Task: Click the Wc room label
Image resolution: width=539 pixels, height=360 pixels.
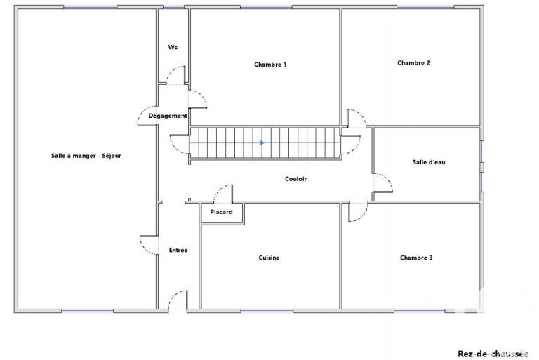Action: [173, 48]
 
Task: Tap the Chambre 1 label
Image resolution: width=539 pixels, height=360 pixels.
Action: [269, 65]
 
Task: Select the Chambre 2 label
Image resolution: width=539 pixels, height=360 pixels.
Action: [413, 63]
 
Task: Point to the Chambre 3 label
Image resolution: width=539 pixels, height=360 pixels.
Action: [415, 258]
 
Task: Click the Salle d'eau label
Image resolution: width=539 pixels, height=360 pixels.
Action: [428, 162]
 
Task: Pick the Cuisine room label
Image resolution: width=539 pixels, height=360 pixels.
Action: [269, 258]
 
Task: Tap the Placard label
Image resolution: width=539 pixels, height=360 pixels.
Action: [221, 212]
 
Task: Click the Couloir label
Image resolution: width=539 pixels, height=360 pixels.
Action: [295, 179]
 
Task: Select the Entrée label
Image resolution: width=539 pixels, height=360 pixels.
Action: [178, 251]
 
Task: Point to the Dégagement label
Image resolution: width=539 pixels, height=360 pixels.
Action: [168, 116]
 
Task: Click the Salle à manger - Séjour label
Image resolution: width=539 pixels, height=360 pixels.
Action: [86, 156]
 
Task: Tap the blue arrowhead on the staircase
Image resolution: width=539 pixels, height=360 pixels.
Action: [262, 142]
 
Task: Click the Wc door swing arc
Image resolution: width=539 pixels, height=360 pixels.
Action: [178, 74]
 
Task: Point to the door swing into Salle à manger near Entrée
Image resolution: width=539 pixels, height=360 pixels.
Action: [149, 246]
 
